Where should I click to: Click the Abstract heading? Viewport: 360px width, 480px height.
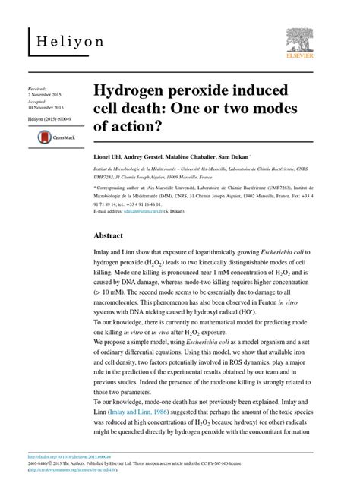pyautogui.click(x=108, y=236)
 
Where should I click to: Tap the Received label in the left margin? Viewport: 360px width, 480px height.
pyautogui.click(x=36, y=89)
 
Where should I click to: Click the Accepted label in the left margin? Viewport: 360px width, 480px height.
pyautogui.click(x=36, y=101)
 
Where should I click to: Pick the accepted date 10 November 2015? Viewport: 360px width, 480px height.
pyautogui.click(x=46, y=107)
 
